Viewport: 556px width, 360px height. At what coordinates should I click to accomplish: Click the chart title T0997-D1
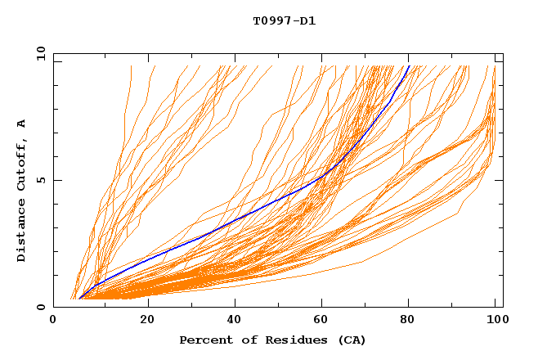pyautogui.click(x=284, y=20)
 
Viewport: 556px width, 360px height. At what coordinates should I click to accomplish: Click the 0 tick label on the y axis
pyautogui.click(x=41, y=307)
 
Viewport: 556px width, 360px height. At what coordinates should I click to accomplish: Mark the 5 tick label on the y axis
pyautogui.click(x=41, y=180)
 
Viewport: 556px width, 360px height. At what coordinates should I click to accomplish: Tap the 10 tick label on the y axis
pyautogui.click(x=39, y=53)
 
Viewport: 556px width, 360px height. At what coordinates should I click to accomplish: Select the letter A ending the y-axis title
pyautogui.click(x=21, y=124)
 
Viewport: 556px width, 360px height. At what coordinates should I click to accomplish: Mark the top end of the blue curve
pyautogui.click(x=409, y=65)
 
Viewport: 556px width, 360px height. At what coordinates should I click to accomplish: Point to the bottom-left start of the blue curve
pyautogui.click(x=80, y=298)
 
